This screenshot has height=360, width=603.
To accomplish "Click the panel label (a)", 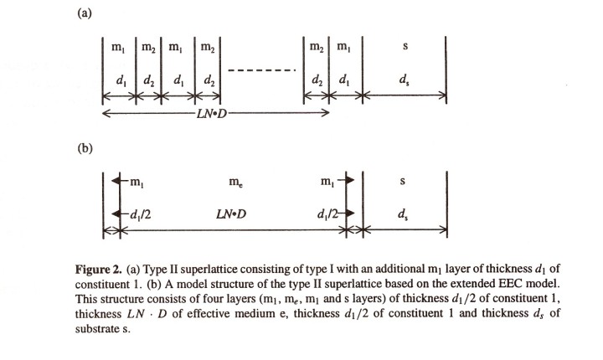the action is pyautogui.click(x=85, y=13).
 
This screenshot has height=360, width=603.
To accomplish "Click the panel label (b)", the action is pyautogui.click(x=85, y=148).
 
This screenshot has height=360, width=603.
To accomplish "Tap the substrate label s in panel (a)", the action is pyautogui.click(x=405, y=47).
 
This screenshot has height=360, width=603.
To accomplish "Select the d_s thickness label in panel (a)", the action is pyautogui.click(x=404, y=80).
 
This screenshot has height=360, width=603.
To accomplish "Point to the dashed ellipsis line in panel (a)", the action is pyautogui.click(x=262, y=70).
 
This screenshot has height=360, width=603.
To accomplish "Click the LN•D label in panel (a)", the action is pyautogui.click(x=212, y=114).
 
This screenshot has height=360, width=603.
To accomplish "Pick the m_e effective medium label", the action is pyautogui.click(x=235, y=181).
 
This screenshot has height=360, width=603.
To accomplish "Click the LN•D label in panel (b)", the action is pyautogui.click(x=231, y=213).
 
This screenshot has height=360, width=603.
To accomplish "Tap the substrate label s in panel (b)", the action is pyautogui.click(x=402, y=181).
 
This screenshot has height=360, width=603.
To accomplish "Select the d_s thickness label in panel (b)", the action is pyautogui.click(x=403, y=214).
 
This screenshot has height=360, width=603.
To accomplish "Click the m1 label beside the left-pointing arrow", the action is pyautogui.click(x=137, y=182).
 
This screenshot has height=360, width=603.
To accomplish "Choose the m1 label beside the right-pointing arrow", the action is pyautogui.click(x=327, y=181).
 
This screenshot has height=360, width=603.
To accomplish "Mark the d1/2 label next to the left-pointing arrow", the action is pyautogui.click(x=141, y=213).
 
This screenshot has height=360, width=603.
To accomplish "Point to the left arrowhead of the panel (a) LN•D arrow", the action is pyautogui.click(x=103, y=113).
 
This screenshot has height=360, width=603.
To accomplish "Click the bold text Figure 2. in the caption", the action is pyautogui.click(x=99, y=270).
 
